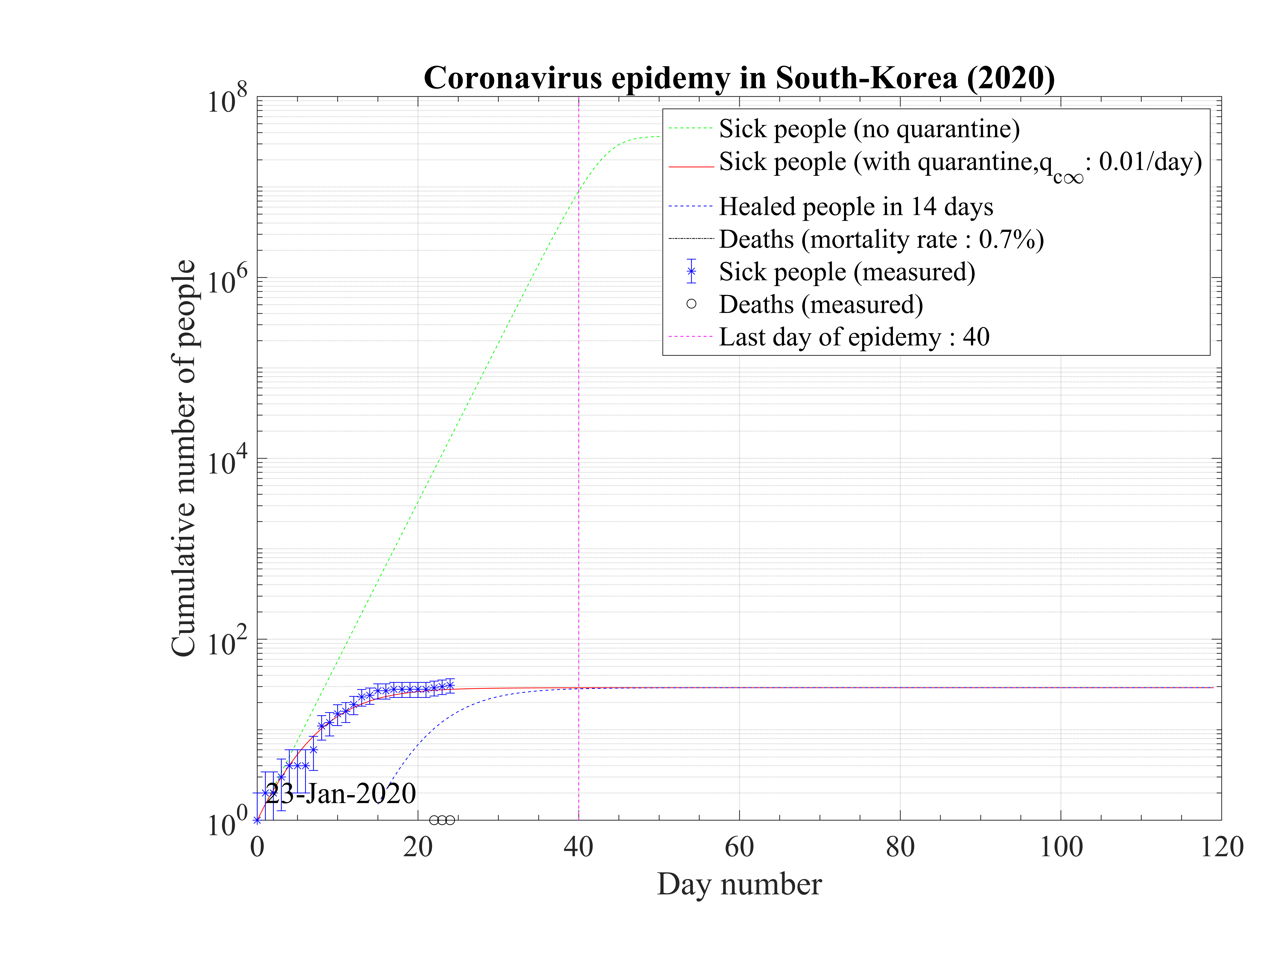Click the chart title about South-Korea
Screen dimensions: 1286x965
[x=739, y=78]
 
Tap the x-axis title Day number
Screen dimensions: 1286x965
[x=739, y=885]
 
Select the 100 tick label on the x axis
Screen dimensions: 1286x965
[x=1061, y=847]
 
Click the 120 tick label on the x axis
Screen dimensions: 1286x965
[x=1221, y=847]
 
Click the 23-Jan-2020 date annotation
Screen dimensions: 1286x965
[x=341, y=793]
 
